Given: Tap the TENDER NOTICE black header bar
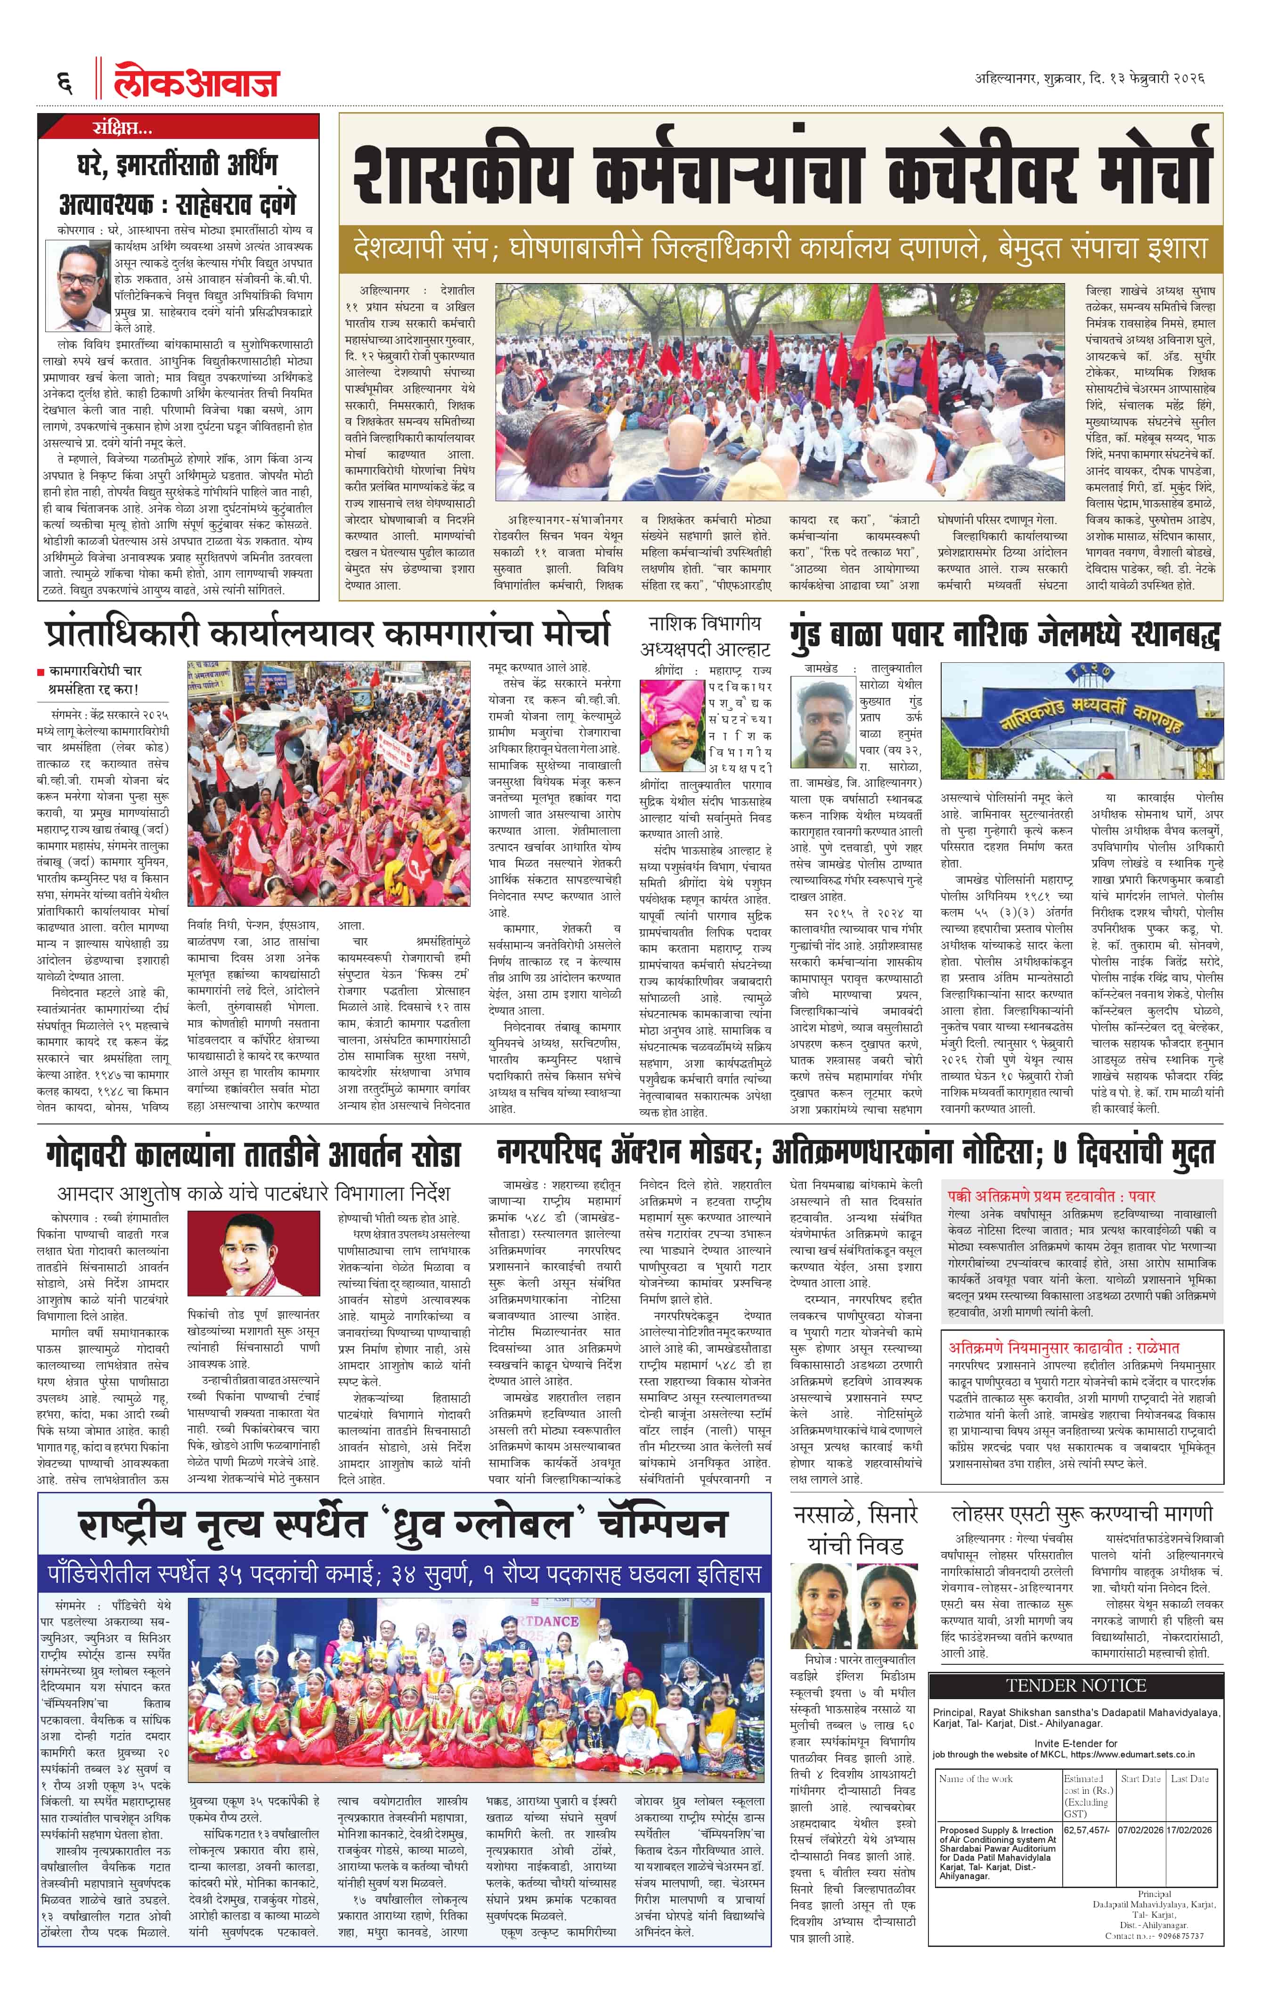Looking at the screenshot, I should pos(1075,1686).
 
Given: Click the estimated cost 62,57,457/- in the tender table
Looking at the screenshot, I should pos(1085,1831).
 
